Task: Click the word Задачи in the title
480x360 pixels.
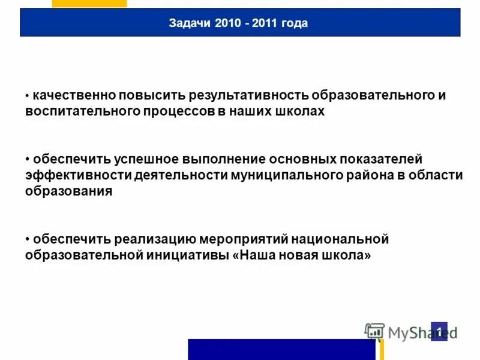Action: coord(186,23)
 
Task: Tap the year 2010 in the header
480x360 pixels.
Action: coord(219,23)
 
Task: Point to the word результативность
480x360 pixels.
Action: coord(248,95)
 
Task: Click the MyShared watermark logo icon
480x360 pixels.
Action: coord(374,331)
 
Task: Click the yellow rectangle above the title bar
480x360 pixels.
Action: coord(89,4)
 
